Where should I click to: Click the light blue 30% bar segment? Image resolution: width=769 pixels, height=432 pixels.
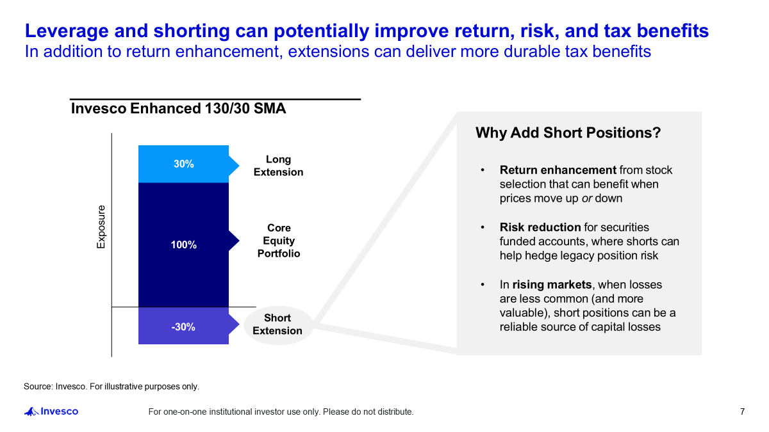pyautogui.click(x=183, y=164)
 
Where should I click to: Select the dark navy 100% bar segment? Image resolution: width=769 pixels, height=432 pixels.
pyautogui.click(x=183, y=244)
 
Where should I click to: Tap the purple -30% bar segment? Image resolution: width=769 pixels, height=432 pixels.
pyautogui.click(x=183, y=326)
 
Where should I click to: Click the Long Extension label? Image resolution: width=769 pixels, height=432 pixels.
pyautogui.click(x=278, y=166)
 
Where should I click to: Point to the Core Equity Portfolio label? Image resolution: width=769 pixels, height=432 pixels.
pyautogui.click(x=279, y=241)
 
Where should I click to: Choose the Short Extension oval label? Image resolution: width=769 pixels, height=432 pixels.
pyautogui.click(x=277, y=324)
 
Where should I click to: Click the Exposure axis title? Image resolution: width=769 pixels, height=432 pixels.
pyautogui.click(x=101, y=227)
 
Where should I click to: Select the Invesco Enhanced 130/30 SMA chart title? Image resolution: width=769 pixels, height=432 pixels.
pyautogui.click(x=178, y=109)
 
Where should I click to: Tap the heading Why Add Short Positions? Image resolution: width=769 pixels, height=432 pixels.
pyautogui.click(x=568, y=133)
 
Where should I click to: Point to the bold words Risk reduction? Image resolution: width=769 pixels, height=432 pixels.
pyautogui.click(x=540, y=227)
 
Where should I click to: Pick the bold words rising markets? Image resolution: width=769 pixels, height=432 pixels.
pyautogui.click(x=552, y=284)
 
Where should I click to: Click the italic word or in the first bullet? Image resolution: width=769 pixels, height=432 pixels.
pyautogui.click(x=586, y=198)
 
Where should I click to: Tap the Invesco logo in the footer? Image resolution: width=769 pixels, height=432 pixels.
pyautogui.click(x=51, y=412)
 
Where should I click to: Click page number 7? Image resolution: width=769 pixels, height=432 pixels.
pyautogui.click(x=742, y=412)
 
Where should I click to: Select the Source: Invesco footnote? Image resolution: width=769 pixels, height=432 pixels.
pyautogui.click(x=112, y=387)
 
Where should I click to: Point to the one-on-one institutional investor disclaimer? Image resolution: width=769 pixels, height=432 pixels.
pyautogui.click(x=281, y=412)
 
